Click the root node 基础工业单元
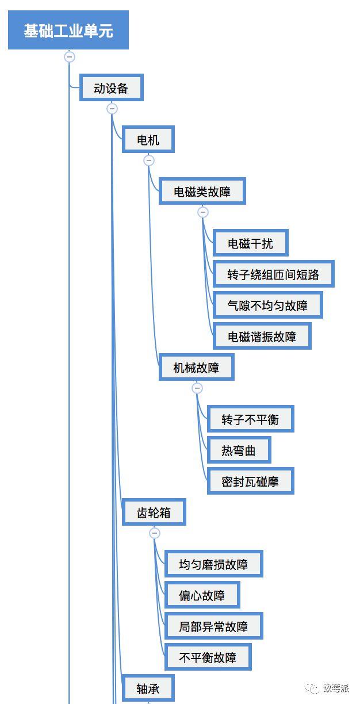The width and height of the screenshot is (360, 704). pos(68,30)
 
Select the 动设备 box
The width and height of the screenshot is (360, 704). pos(111,87)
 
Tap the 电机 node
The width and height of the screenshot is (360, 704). pos(148,140)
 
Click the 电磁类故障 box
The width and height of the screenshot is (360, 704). pos(202,191)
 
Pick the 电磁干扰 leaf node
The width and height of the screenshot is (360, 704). pos(250,243)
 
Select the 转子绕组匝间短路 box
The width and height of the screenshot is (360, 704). pos(273,274)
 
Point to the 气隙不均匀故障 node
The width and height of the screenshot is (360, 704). pos(267,305)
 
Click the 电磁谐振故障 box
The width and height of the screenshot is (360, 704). pos(262,336)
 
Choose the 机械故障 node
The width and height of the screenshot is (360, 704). pos(196,367)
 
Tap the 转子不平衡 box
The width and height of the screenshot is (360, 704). pos(250,419)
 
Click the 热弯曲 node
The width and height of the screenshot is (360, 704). pos(239,450)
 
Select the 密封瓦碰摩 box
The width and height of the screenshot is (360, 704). pos(250,481)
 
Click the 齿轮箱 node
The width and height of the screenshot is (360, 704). pos(154,512)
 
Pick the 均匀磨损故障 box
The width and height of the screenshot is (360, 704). pos(213,564)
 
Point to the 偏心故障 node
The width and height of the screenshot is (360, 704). pos(202,595)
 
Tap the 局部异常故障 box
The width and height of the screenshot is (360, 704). pos(213,626)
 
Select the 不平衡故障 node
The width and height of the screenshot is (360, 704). pos(208,657)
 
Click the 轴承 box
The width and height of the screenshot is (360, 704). pos(148,688)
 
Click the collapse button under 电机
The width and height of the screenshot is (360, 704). pos(149,160)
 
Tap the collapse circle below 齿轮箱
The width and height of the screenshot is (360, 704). pos(155,533)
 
